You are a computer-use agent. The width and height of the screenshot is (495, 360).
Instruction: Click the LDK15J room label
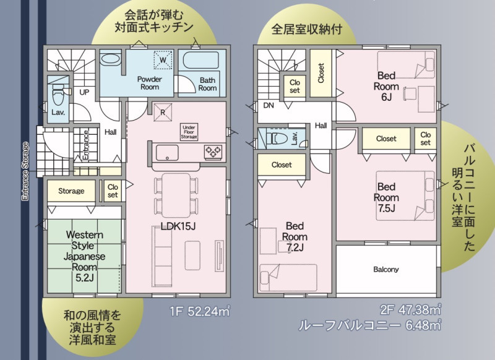click(178, 226)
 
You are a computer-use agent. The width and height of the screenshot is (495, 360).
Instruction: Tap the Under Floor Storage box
click(189, 132)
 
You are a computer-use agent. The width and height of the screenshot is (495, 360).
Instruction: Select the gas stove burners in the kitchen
click(213, 152)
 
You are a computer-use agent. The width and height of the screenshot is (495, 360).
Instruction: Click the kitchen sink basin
click(167, 153)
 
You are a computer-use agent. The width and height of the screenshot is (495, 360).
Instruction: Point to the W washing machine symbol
click(163, 59)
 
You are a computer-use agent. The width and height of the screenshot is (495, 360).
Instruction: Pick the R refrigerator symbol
click(163, 112)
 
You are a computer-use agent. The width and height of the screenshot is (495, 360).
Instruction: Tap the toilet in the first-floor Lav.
click(58, 94)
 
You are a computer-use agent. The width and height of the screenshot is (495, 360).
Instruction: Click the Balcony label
click(385, 269)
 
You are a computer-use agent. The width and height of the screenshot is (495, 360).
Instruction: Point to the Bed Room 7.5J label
click(386, 197)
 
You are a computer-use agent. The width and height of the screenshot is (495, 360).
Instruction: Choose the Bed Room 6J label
click(386, 86)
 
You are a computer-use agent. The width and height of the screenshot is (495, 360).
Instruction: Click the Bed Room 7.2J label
click(295, 237)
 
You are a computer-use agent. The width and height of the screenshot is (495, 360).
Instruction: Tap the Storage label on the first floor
click(71, 191)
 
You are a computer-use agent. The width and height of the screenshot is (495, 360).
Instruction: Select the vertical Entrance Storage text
click(25, 171)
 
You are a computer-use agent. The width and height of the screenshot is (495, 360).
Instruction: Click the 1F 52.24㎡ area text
click(200, 311)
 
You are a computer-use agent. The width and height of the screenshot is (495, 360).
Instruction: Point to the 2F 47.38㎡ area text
click(410, 309)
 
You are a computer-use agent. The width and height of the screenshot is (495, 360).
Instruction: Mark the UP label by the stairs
click(84, 92)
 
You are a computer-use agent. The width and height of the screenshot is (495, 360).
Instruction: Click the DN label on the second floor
click(269, 105)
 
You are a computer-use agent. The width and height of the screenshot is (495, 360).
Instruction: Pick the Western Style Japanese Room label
click(84, 256)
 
